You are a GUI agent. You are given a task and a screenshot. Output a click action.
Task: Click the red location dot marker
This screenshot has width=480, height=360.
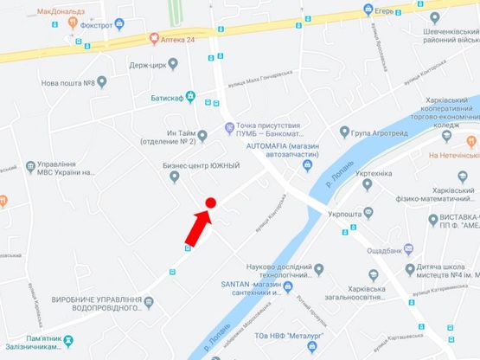tap(209, 202)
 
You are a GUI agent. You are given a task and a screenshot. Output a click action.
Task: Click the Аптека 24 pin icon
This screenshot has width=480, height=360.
tap(154, 38)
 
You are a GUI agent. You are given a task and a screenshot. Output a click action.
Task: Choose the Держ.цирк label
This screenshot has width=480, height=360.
tap(144, 63)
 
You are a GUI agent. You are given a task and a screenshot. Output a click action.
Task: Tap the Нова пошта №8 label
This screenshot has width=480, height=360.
tap(67, 83)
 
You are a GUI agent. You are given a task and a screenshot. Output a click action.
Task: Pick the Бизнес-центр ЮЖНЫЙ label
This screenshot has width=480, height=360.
tap(200, 165)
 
